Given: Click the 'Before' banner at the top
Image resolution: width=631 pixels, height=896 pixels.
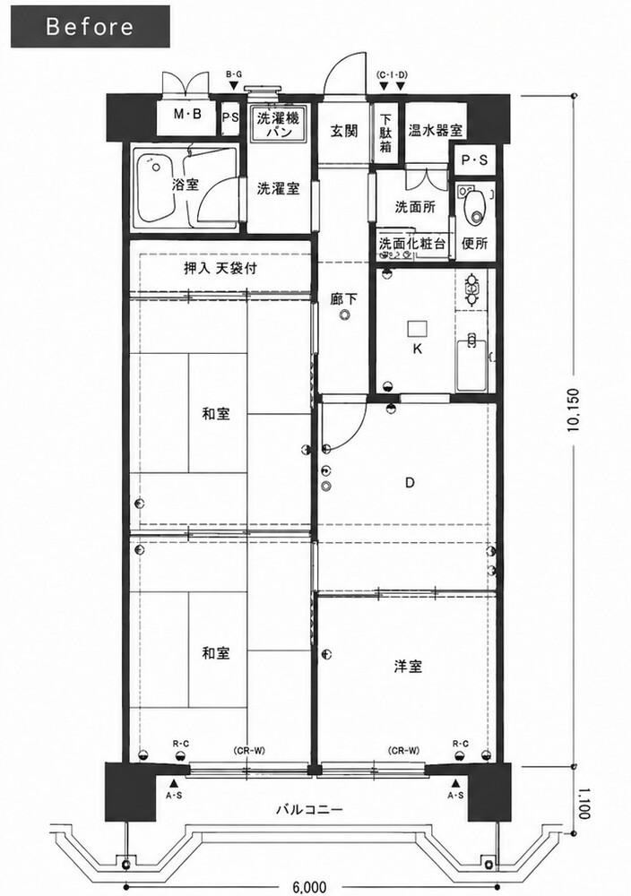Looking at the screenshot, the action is (x=91, y=26).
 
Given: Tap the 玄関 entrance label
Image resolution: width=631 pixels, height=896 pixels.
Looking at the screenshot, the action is (x=344, y=130).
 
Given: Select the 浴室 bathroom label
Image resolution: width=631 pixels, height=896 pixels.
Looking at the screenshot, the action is (x=186, y=185).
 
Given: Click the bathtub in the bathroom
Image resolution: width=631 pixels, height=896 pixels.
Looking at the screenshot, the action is (x=155, y=187).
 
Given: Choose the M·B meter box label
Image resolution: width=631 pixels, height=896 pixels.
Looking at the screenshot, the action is (x=187, y=115).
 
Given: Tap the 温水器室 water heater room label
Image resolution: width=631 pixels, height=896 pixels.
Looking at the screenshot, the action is (x=435, y=130).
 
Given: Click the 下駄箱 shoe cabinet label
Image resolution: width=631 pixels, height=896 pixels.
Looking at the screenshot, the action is (x=385, y=134).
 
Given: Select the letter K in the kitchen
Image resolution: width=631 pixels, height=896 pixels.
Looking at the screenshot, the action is (x=418, y=349).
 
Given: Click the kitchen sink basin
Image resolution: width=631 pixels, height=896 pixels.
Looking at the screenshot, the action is (x=471, y=366).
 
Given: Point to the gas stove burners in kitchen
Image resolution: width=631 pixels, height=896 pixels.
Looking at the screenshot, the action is (x=472, y=289).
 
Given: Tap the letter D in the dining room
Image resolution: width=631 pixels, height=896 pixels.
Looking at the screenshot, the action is (x=410, y=483).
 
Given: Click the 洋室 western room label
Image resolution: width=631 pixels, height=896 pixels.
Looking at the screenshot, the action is (x=408, y=666).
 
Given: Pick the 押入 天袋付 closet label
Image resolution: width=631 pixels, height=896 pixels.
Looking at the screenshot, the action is (x=220, y=268).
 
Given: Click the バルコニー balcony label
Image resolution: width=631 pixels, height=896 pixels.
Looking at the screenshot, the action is (x=309, y=809).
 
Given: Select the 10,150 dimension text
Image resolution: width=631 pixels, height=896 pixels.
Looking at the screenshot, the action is (x=574, y=410).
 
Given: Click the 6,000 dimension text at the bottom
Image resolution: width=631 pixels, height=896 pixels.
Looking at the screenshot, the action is (x=309, y=887).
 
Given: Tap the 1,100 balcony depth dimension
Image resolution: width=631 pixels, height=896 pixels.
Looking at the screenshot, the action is (x=583, y=804).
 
